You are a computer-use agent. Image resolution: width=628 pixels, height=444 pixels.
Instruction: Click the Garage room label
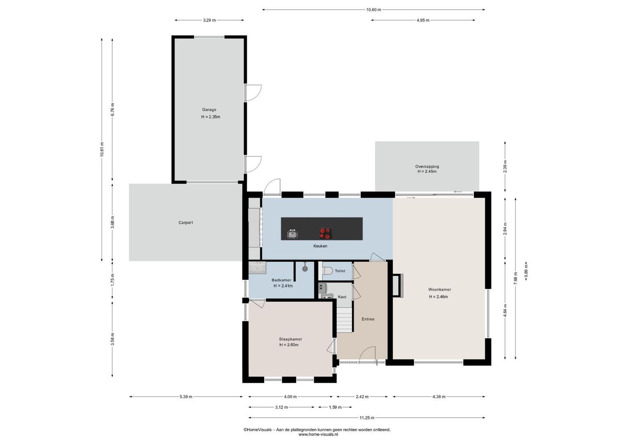(209, 110)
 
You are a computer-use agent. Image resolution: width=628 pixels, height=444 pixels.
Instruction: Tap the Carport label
(185, 222)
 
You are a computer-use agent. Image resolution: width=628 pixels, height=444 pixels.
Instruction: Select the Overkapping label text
(427, 166)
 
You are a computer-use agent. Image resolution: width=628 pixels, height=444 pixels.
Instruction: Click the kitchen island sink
(292, 234)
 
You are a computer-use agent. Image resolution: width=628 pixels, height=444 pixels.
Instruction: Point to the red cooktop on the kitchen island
(326, 234)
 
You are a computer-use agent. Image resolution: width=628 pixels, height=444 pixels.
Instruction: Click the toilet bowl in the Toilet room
(327, 271)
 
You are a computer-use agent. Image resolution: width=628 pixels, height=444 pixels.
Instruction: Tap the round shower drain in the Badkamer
(305, 268)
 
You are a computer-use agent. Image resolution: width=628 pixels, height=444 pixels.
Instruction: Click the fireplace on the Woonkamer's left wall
(398, 285)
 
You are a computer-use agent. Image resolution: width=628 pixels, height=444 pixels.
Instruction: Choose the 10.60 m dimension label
(373, 9)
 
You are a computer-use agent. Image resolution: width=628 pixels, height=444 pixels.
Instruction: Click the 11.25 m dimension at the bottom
(367, 418)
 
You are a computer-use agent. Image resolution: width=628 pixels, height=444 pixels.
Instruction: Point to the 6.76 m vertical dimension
(112, 109)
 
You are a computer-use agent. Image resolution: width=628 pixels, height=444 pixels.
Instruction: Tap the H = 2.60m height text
(289, 345)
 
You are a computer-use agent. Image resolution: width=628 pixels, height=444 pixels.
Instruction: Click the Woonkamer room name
(439, 289)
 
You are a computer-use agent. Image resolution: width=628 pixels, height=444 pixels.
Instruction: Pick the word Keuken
(320, 246)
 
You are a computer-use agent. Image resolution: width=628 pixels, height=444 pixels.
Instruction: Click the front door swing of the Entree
(367, 354)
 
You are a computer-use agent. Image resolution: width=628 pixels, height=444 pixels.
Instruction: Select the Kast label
(342, 297)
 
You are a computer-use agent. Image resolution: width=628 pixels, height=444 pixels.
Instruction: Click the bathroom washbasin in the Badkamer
(257, 268)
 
